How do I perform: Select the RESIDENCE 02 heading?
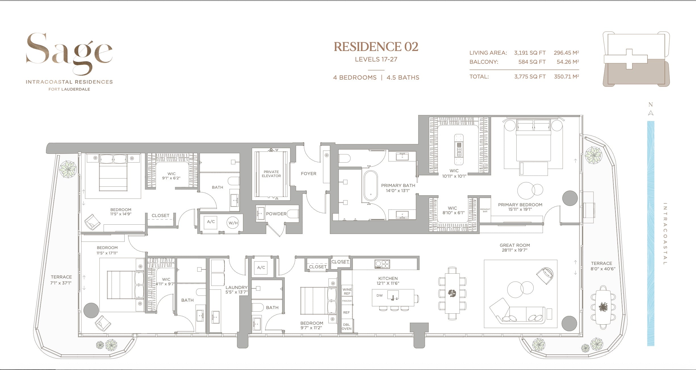click(376, 47)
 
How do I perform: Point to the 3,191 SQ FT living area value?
click(530, 53)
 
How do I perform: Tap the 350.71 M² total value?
click(566, 76)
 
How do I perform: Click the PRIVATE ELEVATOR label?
click(271, 174)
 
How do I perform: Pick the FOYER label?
click(309, 174)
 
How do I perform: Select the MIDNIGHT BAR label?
click(485, 210)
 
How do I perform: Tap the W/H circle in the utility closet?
click(233, 223)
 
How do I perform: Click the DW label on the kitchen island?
click(380, 295)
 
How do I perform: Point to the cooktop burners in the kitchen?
click(382, 264)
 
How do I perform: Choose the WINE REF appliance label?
click(347, 291)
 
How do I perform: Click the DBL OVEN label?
click(347, 327)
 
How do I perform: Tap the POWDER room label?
click(276, 214)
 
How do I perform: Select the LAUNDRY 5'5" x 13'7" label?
click(236, 290)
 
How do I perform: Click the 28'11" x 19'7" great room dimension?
click(515, 250)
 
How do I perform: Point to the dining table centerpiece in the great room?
click(452, 293)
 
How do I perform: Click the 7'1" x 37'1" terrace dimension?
click(61, 282)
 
